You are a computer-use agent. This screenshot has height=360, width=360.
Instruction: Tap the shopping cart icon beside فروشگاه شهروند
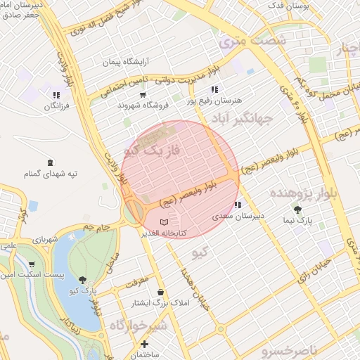pos(143,94)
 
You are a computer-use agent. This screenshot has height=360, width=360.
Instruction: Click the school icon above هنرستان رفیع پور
pos(214,90)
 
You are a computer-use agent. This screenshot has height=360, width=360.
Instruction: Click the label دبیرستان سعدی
pos(238,216)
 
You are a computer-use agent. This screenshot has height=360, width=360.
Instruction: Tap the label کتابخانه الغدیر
pos(164,232)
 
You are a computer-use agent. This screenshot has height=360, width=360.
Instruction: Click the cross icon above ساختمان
pos(145,345)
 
